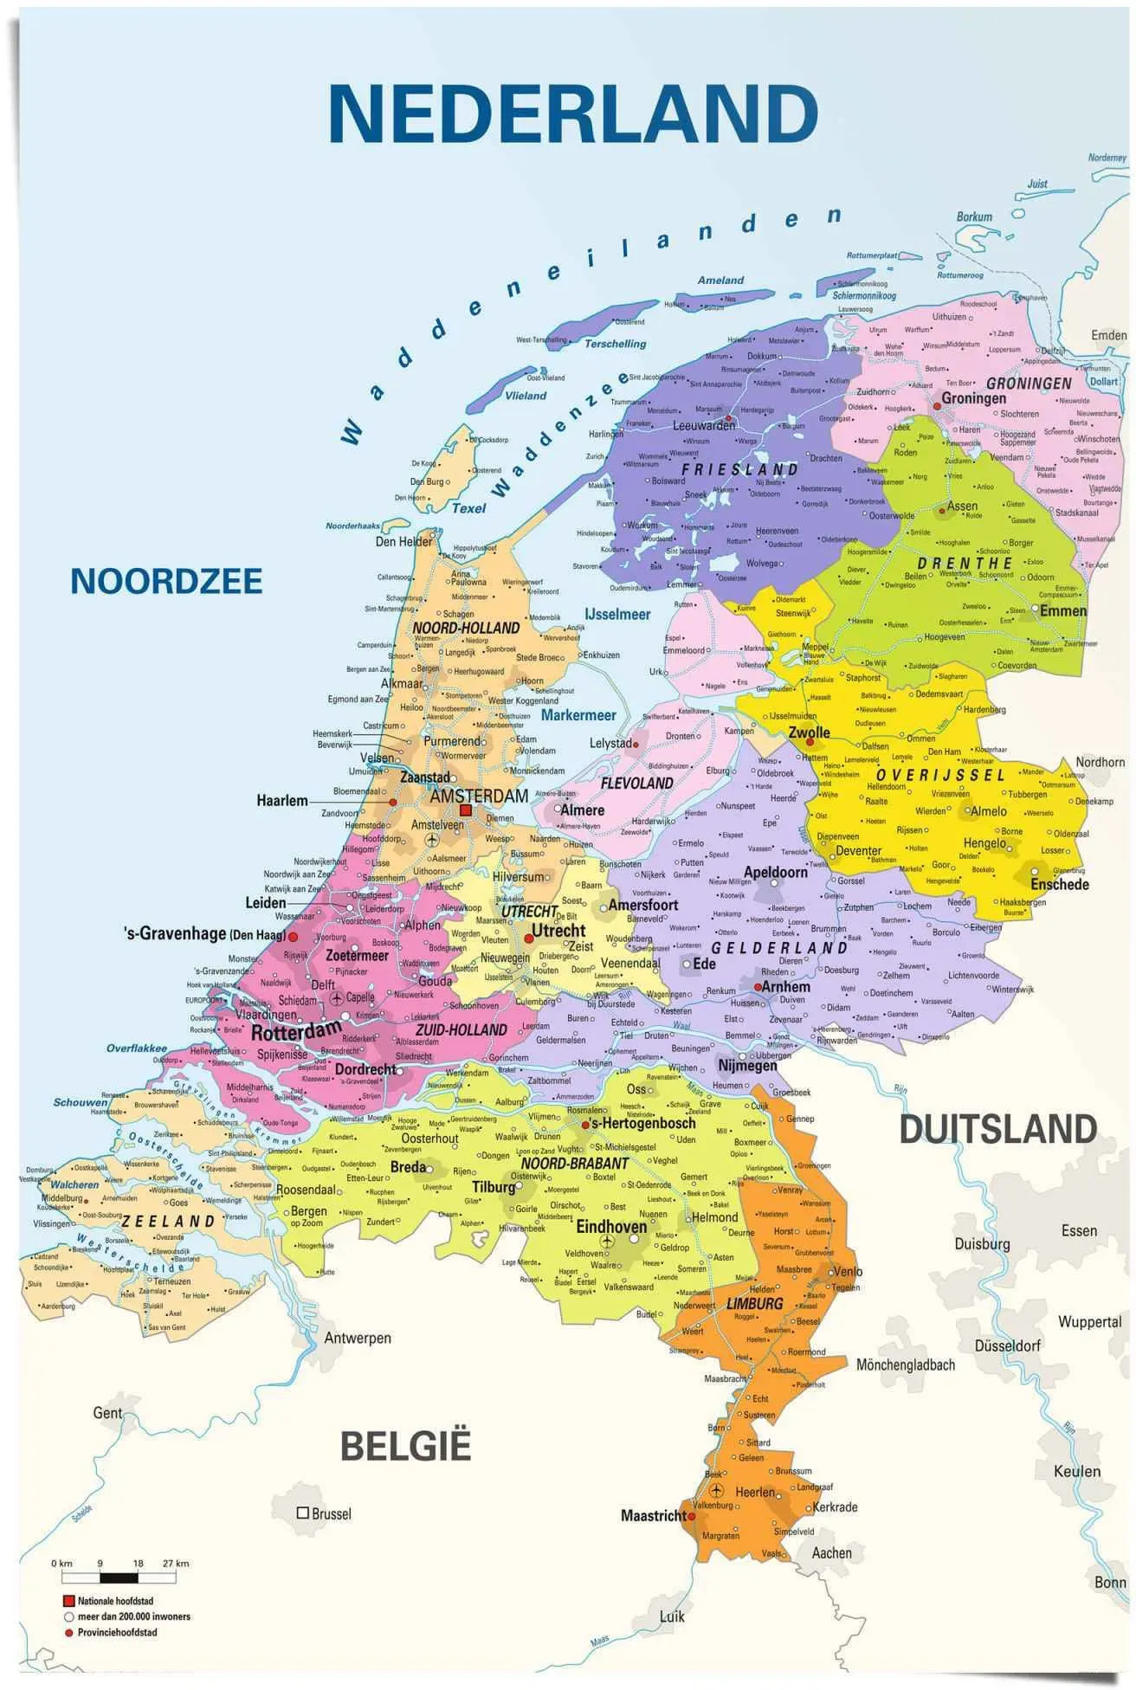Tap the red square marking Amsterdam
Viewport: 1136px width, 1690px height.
[x=465, y=810]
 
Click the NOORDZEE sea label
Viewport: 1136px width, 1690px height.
[x=166, y=581]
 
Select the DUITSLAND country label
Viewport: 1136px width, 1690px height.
[x=997, y=1130]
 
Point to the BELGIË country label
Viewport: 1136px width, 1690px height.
[x=405, y=1445]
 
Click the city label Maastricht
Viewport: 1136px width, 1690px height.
[x=653, y=1515]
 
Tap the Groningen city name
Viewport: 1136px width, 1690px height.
[x=973, y=398]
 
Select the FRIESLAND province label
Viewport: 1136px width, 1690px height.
[x=739, y=470]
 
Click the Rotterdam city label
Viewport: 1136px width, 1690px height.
[x=296, y=1032]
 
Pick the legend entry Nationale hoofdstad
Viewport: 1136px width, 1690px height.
[x=115, y=1601]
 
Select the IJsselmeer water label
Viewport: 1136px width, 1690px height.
[x=616, y=614]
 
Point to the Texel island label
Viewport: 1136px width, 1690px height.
[x=468, y=508]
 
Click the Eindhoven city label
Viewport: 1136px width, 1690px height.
[x=611, y=1226]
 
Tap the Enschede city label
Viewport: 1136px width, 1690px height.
[x=1059, y=884]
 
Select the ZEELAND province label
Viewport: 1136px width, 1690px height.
[x=168, y=1221]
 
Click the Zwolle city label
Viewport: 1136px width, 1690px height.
[x=809, y=732]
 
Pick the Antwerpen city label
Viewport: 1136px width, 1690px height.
[x=357, y=1338]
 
